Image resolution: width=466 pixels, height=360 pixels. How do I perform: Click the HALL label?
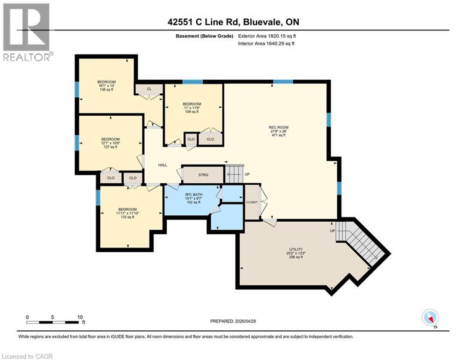(163, 165)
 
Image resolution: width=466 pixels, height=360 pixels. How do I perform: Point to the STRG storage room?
(202, 175)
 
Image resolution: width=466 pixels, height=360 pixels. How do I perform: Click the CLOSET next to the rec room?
(252, 202)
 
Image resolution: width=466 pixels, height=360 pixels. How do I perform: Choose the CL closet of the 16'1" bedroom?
(149, 89)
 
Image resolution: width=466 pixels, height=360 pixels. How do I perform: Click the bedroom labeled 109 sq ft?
(192, 108)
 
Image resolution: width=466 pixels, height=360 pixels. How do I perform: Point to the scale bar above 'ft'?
(52, 322)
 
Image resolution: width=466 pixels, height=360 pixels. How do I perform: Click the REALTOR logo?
(27, 33)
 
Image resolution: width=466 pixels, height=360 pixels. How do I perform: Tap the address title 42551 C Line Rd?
(232, 22)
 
